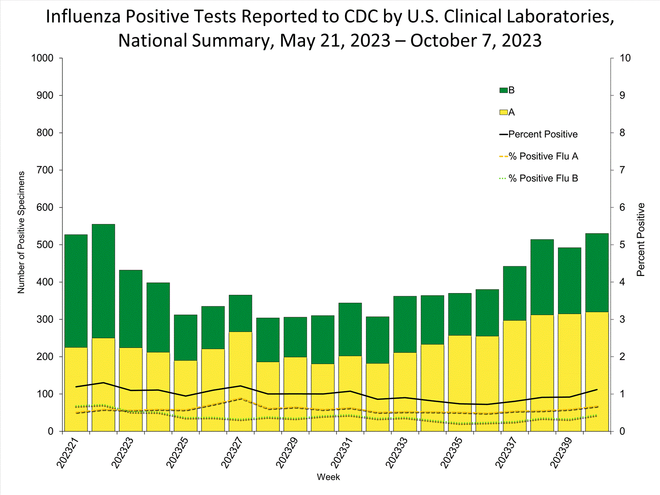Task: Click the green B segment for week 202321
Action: (76, 290)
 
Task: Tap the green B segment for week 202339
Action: (569, 281)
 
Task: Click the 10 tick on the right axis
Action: (625, 58)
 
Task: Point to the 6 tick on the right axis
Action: (622, 207)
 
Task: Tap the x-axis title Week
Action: (328, 477)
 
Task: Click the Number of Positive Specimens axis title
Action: (21, 232)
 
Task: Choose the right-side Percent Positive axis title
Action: (641, 240)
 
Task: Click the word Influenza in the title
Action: (83, 17)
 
